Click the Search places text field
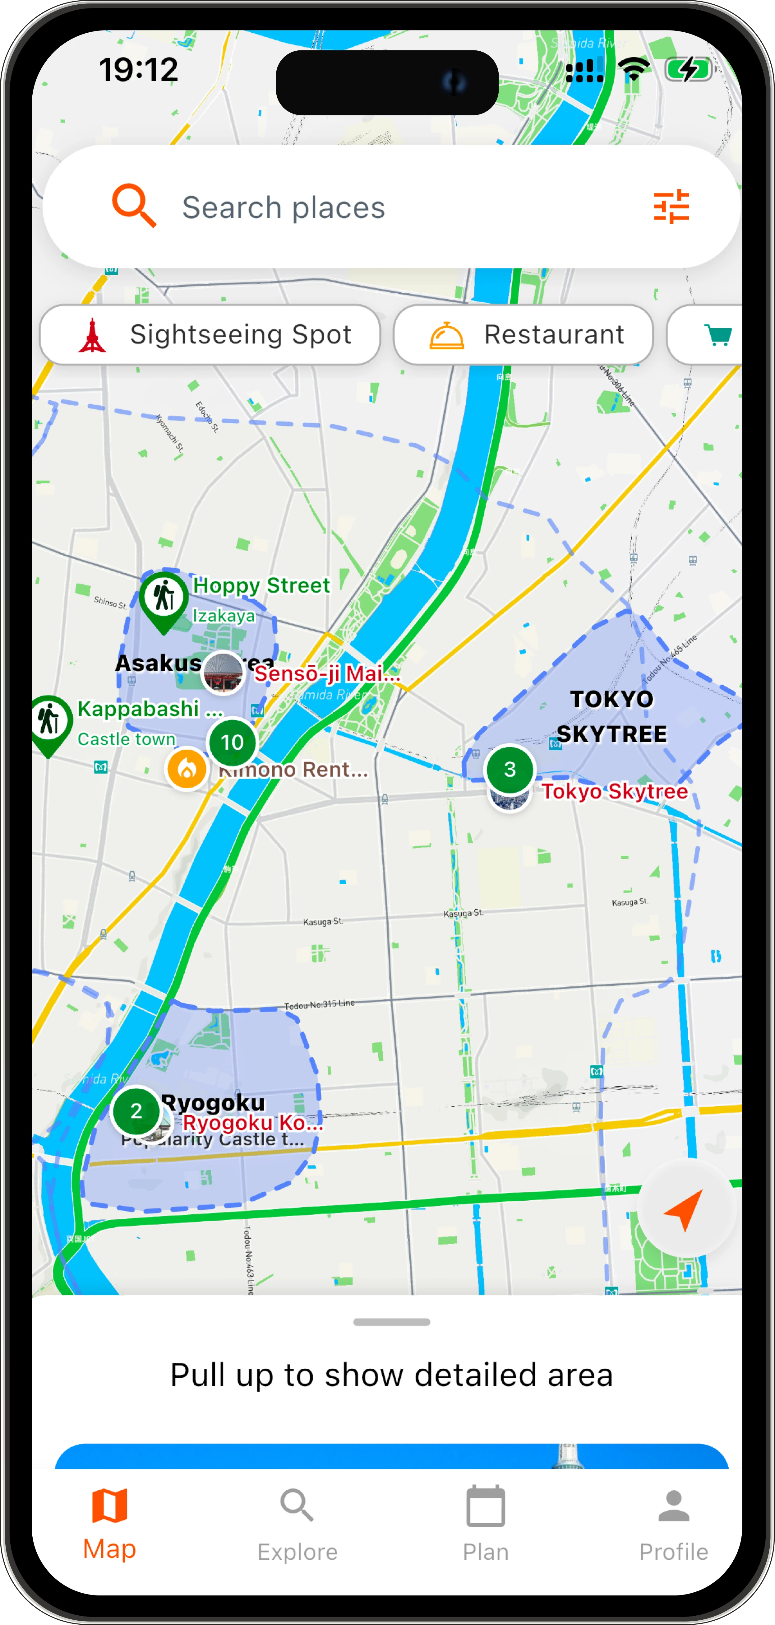click(x=378, y=207)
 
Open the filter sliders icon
click(x=671, y=206)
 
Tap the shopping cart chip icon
click(x=717, y=335)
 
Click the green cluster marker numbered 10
click(x=232, y=742)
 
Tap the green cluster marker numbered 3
click(x=510, y=769)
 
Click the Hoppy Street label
click(x=261, y=585)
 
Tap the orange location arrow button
click(x=685, y=1208)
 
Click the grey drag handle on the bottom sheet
click(x=392, y=1322)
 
